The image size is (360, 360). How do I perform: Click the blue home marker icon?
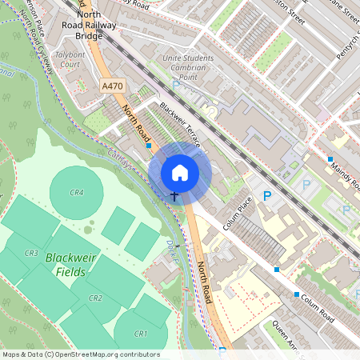coord(180,173)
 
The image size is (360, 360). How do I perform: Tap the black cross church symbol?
coord(174,195)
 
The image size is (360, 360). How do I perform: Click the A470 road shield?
coord(113,86)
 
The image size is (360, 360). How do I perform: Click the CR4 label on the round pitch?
coord(77,193)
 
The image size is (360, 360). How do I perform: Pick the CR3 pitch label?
coord(31,254)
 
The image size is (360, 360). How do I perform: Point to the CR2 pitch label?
coord(95,298)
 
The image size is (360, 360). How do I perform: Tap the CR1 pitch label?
coord(142,333)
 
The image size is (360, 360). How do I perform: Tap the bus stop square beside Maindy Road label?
coord(330,159)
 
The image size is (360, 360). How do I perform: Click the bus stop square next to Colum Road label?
coord(297,294)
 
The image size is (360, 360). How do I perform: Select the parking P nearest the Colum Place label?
coord(268,195)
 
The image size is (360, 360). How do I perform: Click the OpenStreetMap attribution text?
coord(80,354)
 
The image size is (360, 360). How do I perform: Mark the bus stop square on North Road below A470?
coord(149,146)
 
